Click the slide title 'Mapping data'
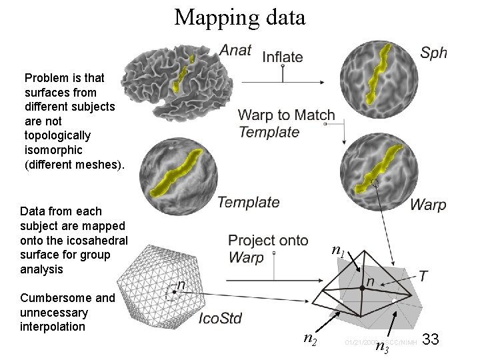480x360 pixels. pos(240,17)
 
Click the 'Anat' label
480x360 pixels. pos(235,51)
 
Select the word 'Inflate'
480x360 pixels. pos(283,57)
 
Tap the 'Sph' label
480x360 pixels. pos(433,52)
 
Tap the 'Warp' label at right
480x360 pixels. pos(427,205)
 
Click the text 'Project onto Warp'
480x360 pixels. pos(267,248)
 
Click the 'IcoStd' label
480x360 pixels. pos(221,319)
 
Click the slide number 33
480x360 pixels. pos(431,340)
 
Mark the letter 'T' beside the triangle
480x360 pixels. pos(423,275)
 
